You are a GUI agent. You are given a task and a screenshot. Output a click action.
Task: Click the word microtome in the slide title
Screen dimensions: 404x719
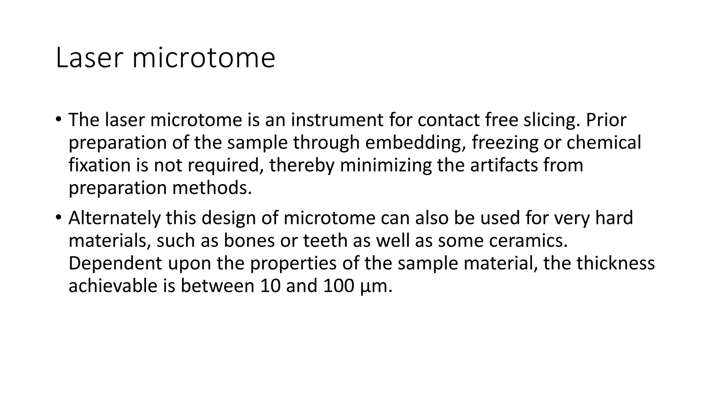point(203,58)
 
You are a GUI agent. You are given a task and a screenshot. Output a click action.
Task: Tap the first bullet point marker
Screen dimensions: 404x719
point(58,119)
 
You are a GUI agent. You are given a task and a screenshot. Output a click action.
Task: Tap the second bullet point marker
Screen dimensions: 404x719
point(58,217)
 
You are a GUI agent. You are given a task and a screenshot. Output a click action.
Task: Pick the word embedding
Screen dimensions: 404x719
point(415,143)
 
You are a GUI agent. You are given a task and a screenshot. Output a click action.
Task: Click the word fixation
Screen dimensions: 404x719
point(99,165)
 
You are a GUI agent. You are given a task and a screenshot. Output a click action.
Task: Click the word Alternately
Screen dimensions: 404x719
point(114,218)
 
